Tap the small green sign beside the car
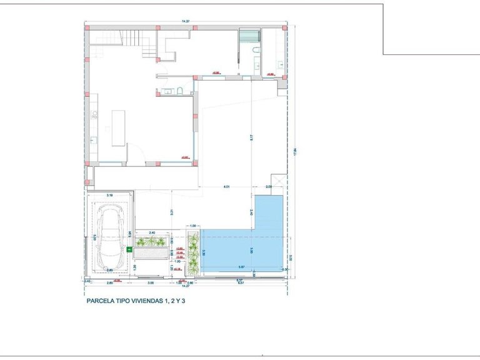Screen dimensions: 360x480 [x=129, y=251]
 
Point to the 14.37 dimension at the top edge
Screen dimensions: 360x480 [x=186, y=22]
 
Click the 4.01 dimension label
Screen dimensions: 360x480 [x=227, y=187]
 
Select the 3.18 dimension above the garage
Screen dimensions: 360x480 [x=109, y=196]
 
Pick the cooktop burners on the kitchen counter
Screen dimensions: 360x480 [x=94, y=114]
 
